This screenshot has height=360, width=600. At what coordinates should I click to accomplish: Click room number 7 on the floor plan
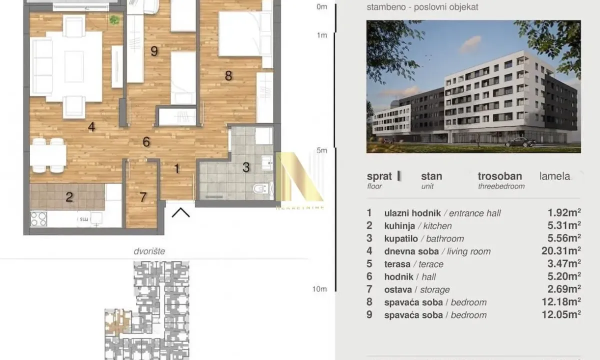143,197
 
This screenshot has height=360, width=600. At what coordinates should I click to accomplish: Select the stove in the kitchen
39,218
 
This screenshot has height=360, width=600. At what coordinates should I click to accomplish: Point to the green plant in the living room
115,20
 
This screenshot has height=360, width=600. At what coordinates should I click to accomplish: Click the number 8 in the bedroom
228,76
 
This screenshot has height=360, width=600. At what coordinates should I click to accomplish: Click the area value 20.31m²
564,251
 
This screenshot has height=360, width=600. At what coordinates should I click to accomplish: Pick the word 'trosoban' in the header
499,176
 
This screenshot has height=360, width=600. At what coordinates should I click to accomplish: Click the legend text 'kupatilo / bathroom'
424,238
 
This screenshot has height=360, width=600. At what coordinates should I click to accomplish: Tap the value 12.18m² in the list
564,302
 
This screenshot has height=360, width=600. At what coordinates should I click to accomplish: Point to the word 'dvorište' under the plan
153,251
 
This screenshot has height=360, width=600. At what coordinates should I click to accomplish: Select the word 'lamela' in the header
554,176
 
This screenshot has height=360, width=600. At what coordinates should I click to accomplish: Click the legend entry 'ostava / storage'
417,289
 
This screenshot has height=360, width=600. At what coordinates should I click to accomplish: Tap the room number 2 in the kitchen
69,196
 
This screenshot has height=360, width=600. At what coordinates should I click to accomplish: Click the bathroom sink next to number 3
267,161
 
